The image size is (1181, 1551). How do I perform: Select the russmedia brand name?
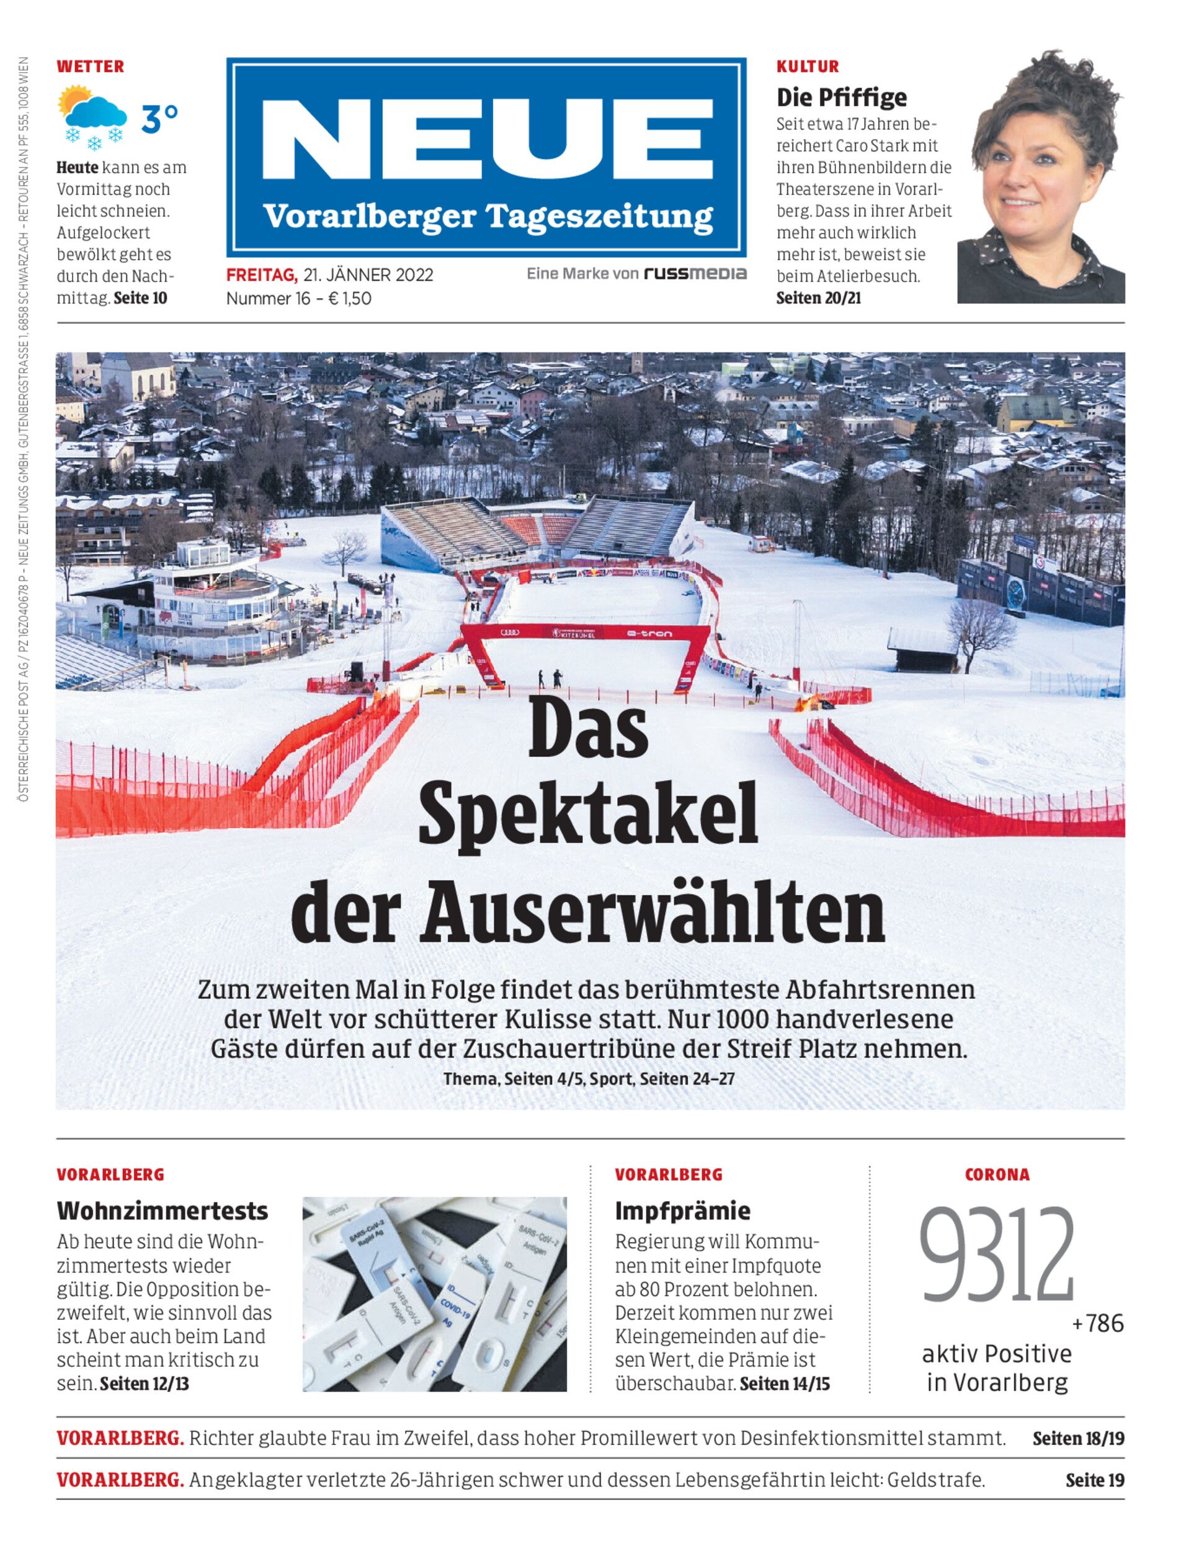point(695,274)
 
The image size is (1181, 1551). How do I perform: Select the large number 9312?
point(997,1256)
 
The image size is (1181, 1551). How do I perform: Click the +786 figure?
point(1097,1323)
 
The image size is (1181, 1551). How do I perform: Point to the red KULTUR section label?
point(807,67)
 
